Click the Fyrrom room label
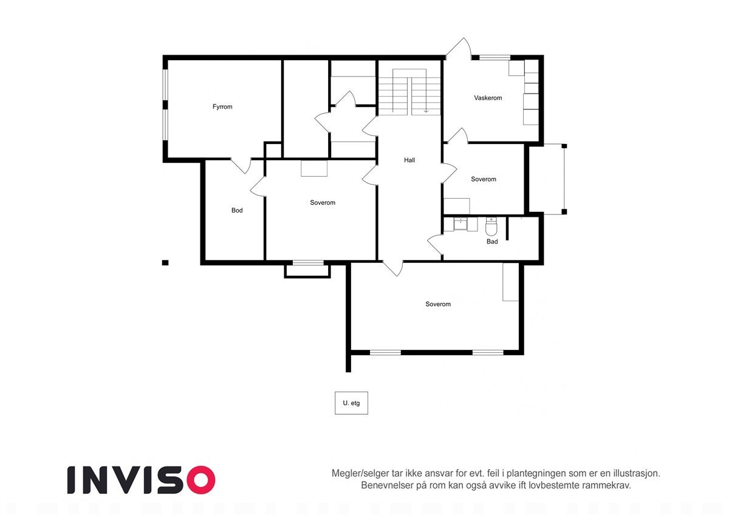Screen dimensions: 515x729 coord(222,107)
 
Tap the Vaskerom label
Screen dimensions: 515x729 coord(488,98)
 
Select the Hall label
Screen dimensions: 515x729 coord(409,160)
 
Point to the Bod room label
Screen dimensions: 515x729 coord(237,210)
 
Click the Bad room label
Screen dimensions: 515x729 coord(492,242)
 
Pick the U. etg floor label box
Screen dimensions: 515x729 coord(351,403)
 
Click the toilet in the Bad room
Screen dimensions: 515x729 coord(491,227)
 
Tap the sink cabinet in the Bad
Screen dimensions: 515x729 coord(460,224)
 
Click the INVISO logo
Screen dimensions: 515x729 coord(141,480)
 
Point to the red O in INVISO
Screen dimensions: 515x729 coord(200,480)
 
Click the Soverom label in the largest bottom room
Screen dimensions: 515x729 coord(438,304)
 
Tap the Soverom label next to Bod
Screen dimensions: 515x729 coord(323,203)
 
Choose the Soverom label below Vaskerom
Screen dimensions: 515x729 coord(484,179)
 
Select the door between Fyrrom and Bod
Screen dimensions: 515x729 coord(241,166)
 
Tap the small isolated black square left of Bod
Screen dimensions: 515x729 coord(165,263)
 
